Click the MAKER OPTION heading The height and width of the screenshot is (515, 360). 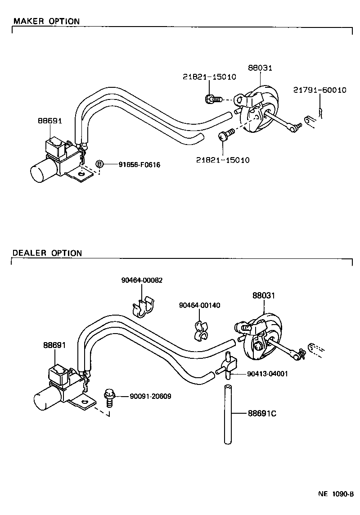[46, 21]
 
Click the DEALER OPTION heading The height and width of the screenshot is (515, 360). [47, 253]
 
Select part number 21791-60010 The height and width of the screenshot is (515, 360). [319, 90]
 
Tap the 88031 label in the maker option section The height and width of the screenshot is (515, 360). [260, 68]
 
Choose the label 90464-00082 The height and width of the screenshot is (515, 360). [142, 280]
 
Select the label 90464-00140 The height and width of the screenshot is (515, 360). [199, 305]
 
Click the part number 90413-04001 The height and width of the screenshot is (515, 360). [267, 374]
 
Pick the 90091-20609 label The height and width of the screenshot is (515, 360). [150, 396]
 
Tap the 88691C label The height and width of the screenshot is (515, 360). [261, 413]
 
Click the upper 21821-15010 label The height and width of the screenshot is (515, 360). [209, 77]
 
